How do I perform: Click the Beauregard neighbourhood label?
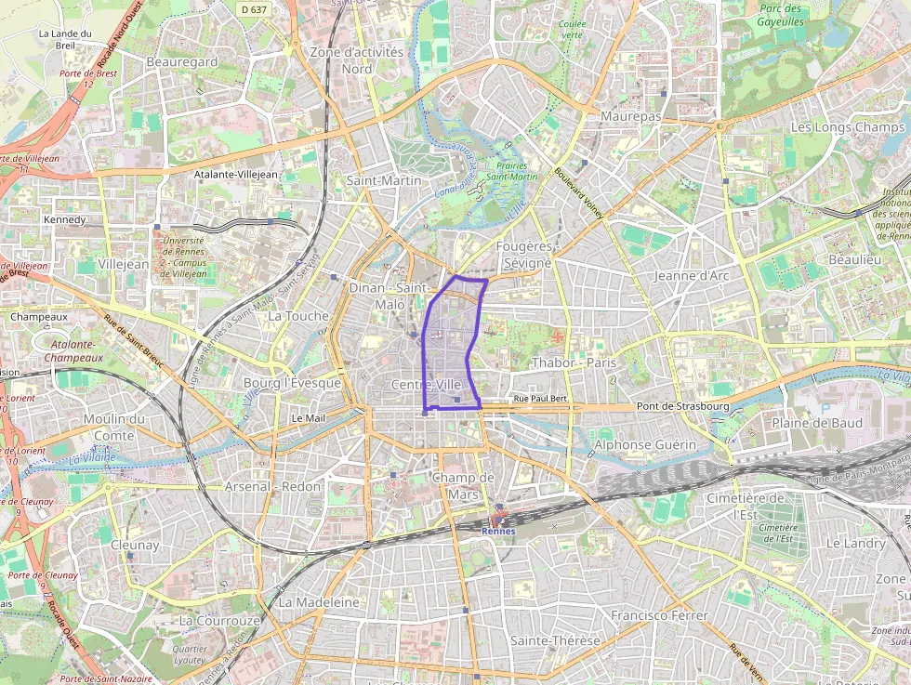click(182, 61)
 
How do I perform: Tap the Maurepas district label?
click(631, 116)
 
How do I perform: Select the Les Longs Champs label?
click(847, 126)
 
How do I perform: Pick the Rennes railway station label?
click(498, 531)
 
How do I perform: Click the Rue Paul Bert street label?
click(540, 399)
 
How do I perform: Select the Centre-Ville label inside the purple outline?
click(427, 385)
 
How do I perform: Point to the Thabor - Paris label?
click(574, 362)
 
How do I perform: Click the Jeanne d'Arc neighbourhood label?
click(691, 276)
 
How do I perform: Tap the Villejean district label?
click(123, 264)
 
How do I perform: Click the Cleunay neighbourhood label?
click(135, 545)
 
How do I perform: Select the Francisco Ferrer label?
click(659, 615)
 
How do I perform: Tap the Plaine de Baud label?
click(817, 423)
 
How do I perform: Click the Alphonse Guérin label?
click(645, 445)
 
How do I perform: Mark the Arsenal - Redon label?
click(273, 486)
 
